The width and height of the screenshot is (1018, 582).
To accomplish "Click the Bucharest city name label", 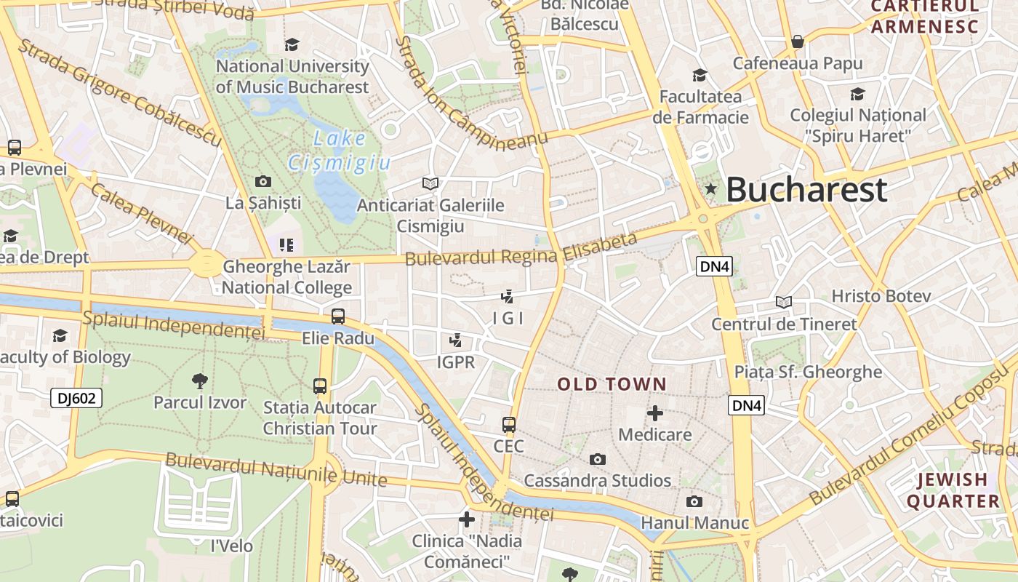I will click(806, 190).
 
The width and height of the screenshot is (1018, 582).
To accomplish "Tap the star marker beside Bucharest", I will click(711, 189).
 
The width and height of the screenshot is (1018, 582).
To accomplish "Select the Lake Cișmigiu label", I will click(340, 151).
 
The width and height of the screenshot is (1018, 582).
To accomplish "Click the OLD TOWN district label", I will click(612, 384).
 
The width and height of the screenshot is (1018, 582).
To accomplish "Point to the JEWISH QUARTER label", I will click(953, 490).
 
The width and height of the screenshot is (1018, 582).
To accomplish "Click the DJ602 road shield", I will click(76, 398).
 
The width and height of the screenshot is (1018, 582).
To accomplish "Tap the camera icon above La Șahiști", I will click(263, 181).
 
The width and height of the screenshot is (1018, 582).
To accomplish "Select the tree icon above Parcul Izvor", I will click(199, 380).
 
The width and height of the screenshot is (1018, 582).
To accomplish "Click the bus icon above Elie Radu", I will click(338, 316).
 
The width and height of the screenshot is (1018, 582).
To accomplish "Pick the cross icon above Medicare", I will click(655, 413).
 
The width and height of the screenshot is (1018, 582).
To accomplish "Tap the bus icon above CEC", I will click(509, 424).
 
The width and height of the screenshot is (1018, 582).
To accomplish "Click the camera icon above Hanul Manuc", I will click(694, 501).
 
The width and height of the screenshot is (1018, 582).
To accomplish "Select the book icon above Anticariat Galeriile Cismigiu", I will click(430, 183).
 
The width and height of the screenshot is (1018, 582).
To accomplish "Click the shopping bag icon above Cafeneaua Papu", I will click(798, 41).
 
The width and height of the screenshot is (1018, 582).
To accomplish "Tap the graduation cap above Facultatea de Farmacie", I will click(700, 75).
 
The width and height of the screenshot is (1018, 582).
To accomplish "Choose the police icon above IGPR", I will click(456, 340).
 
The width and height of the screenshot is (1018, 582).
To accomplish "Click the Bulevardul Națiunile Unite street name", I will click(276, 469).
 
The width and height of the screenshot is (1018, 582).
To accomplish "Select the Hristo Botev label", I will click(881, 296).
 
